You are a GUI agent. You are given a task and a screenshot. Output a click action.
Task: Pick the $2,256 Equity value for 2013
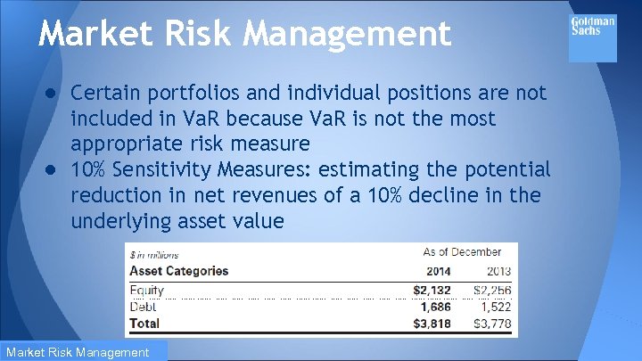[x=492, y=290]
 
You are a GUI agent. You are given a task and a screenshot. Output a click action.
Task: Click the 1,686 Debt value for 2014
[x=435, y=307]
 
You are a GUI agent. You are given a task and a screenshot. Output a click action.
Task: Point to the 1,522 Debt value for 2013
[x=495, y=307]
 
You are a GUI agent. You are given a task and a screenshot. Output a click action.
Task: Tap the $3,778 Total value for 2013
[x=492, y=324]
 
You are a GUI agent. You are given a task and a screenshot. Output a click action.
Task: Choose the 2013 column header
[x=498, y=271]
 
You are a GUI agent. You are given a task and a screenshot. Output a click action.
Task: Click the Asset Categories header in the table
[x=179, y=271]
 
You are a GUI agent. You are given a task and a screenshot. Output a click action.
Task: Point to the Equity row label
[x=147, y=290]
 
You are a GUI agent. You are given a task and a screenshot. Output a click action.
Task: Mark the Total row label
[x=145, y=324]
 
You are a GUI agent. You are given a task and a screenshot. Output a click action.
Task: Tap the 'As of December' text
[x=462, y=252]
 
